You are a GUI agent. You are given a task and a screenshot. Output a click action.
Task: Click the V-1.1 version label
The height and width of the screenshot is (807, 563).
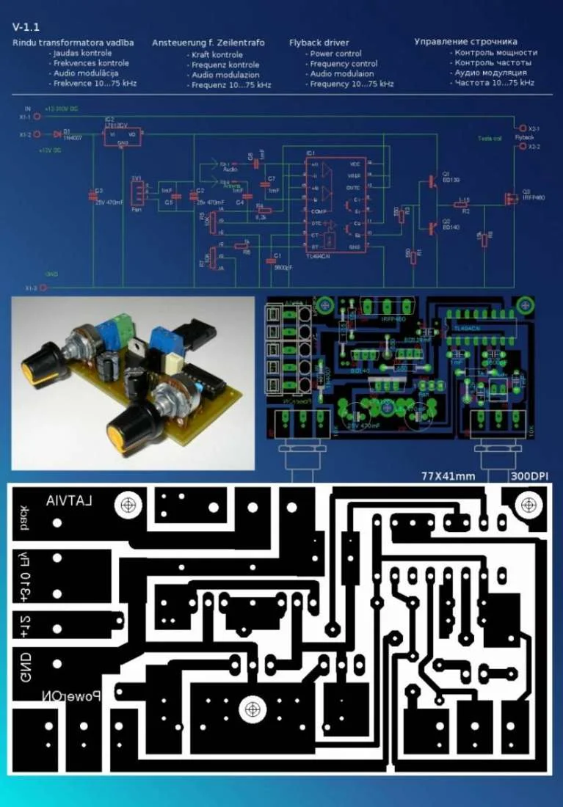tap(26, 26)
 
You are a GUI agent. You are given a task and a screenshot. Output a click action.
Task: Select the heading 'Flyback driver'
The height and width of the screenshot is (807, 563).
tap(319, 43)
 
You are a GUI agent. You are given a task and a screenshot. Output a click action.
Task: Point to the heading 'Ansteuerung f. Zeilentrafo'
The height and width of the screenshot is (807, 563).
tap(208, 43)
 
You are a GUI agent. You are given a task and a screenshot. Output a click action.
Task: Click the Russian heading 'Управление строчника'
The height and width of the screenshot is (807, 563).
tap(465, 42)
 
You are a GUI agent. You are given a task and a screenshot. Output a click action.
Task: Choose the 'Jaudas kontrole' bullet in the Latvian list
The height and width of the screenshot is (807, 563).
tap(82, 54)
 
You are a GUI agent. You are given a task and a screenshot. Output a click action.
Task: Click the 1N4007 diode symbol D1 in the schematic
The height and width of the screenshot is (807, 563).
tap(57, 134)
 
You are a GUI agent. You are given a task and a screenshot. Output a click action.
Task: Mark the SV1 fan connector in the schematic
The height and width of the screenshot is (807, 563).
tap(137, 192)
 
